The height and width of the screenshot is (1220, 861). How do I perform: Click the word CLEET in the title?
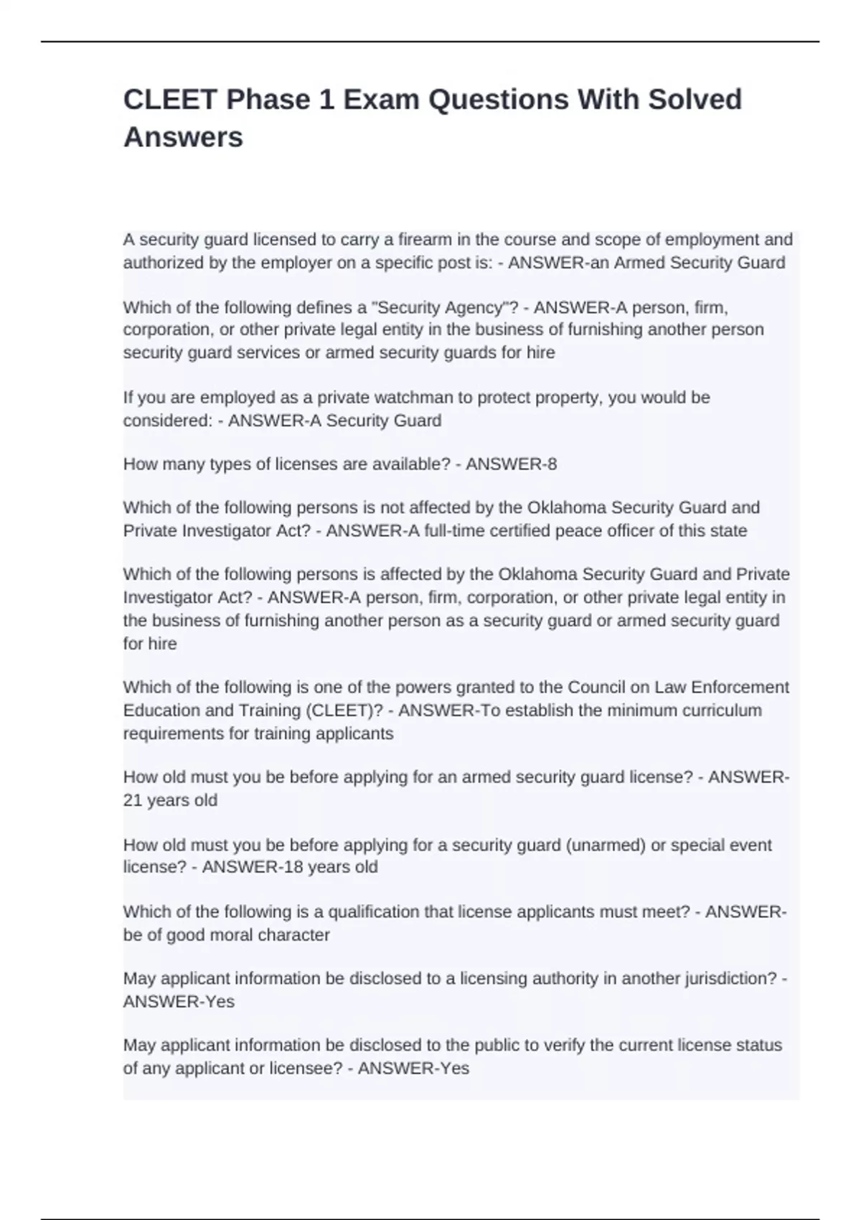[170, 100]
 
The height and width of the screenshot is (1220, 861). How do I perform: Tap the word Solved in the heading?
[695, 100]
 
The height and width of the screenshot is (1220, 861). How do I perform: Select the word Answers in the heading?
[183, 137]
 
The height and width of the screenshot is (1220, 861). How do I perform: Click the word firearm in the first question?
[427, 239]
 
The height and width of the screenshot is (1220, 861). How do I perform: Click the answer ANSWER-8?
[511, 464]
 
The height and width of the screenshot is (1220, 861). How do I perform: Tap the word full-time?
[458, 531]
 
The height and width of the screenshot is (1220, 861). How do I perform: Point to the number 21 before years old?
[133, 800]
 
